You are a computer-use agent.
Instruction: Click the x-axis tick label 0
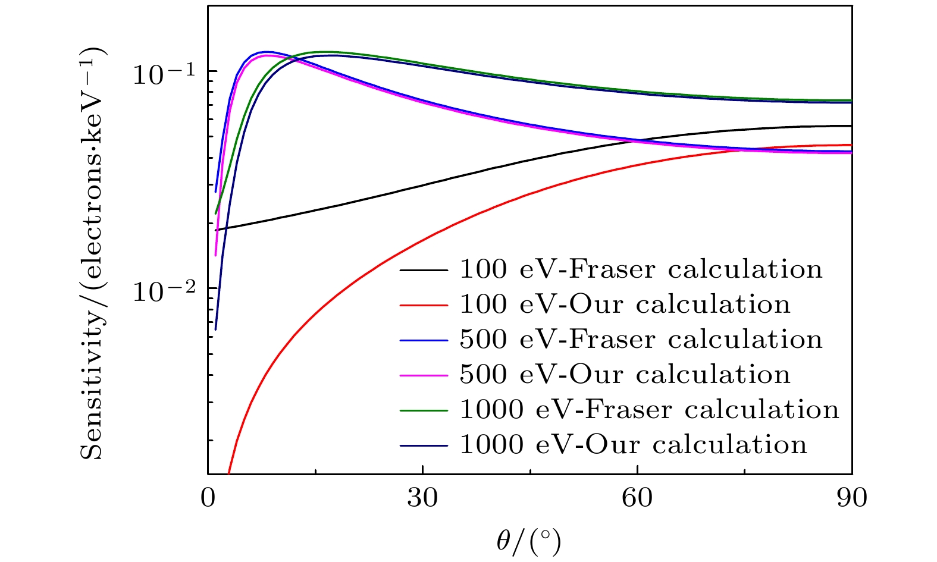208,498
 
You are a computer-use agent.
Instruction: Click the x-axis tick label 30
422,498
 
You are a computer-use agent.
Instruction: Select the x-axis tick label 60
637,498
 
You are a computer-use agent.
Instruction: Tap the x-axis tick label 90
852,498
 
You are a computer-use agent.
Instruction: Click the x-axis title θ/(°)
529,542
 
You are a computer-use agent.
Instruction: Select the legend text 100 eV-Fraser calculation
641,270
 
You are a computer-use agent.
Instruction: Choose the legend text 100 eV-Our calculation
625,305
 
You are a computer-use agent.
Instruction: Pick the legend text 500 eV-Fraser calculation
641,340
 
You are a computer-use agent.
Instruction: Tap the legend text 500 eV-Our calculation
625,375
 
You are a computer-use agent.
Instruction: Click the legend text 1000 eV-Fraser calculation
649,410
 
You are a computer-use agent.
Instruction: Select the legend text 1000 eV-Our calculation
633,445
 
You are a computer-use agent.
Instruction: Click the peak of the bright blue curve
267,52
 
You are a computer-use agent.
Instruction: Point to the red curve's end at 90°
851,145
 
